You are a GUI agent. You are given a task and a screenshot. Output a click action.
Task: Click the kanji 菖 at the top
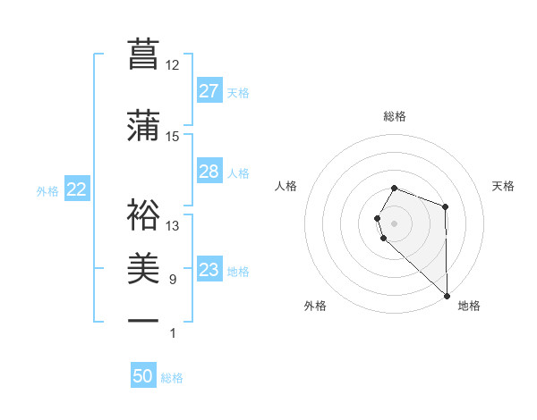[x=143, y=54]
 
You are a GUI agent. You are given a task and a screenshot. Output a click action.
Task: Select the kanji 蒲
[x=143, y=125]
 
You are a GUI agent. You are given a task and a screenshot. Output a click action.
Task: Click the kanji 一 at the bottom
[x=143, y=321]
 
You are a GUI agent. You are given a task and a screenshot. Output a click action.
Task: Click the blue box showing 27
[x=209, y=91]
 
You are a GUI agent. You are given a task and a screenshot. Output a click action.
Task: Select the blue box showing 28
[x=209, y=172]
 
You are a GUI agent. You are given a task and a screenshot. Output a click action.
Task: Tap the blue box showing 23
[x=209, y=270]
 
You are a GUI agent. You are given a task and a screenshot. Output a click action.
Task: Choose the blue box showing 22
[x=76, y=189]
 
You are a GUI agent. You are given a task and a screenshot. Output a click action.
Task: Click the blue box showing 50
[x=143, y=376]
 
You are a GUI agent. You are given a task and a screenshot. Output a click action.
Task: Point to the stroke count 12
[x=173, y=65]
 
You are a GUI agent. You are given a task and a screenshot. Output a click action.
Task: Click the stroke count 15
[x=173, y=137]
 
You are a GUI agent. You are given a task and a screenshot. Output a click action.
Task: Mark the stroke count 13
[x=173, y=226]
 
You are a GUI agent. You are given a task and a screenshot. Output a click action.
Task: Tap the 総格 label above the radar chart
[x=394, y=116]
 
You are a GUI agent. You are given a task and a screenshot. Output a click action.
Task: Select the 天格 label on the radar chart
[x=504, y=186]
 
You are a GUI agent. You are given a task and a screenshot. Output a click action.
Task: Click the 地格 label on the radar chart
[x=469, y=306]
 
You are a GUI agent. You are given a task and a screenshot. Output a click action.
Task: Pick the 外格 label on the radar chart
[x=315, y=306]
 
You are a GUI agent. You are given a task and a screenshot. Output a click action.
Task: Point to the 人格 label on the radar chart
[x=286, y=186]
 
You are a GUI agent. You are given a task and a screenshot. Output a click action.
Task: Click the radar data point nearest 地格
[x=447, y=295]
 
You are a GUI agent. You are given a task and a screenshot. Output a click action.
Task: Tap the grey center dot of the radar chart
[x=394, y=222]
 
